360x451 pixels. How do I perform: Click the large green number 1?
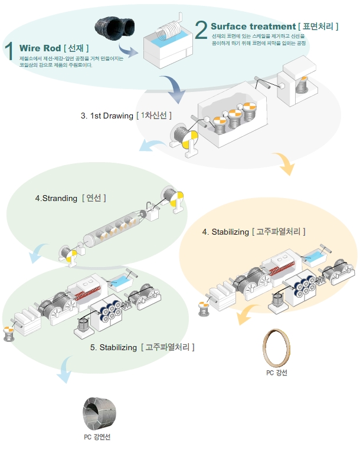click(x=10, y=52)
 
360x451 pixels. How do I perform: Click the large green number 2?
click(x=201, y=29)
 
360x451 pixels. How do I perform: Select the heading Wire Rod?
click(x=40, y=48)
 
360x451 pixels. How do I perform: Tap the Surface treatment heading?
click(x=253, y=27)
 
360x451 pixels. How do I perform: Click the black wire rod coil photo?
click(x=115, y=28)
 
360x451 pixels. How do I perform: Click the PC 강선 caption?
click(x=276, y=373)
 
